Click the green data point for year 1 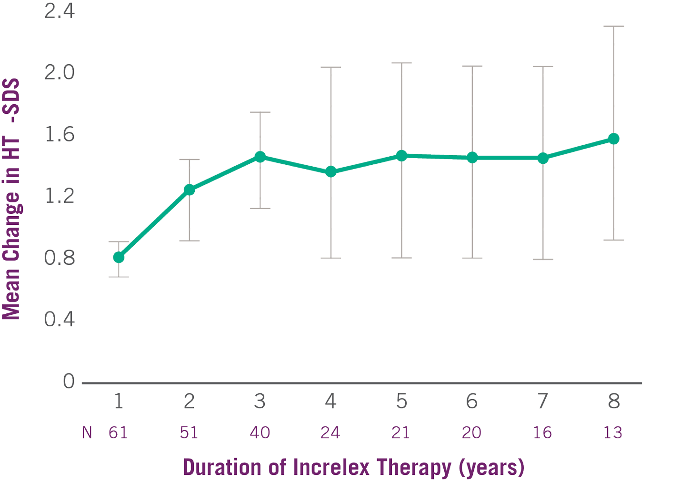(119, 258)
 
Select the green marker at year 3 (260, 157)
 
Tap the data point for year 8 (614, 139)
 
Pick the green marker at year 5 (401, 156)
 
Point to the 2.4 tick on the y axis (60, 12)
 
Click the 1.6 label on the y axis (60, 137)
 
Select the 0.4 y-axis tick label (60, 321)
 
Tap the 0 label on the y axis (69, 382)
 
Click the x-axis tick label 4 (330, 403)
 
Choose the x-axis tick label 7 (542, 403)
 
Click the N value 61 (119, 433)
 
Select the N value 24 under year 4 (330, 433)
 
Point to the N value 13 (613, 433)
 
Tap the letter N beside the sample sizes (87, 433)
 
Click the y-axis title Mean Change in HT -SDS (11, 200)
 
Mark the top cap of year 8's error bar (614, 26)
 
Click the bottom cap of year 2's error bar (190, 241)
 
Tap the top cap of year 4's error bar (330, 67)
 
